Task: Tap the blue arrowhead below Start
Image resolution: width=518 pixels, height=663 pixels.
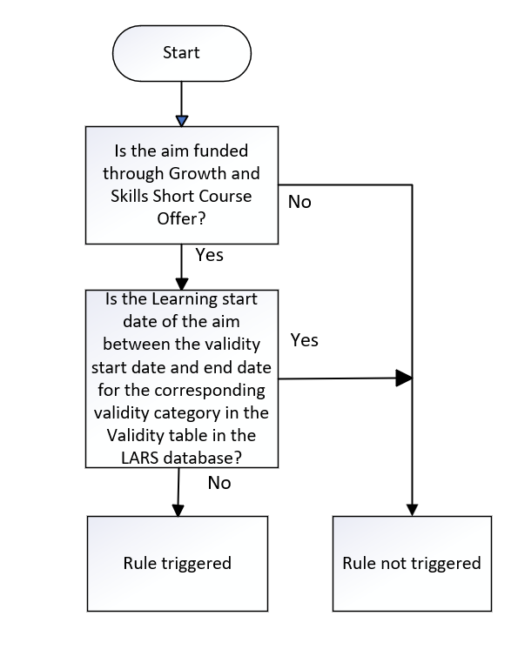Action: pyautogui.click(x=182, y=121)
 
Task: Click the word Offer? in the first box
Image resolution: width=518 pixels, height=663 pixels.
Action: pyautogui.click(x=181, y=218)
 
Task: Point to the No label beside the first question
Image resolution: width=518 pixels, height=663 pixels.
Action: pyautogui.click(x=299, y=202)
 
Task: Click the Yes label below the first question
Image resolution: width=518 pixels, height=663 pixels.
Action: pyautogui.click(x=209, y=255)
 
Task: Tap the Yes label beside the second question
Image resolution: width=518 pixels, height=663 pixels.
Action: pyautogui.click(x=305, y=340)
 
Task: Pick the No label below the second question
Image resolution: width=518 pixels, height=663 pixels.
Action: pyautogui.click(x=219, y=483)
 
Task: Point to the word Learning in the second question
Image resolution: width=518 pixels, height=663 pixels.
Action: pyautogui.click(x=184, y=300)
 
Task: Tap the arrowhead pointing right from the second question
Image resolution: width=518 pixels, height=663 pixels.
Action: pyautogui.click(x=404, y=378)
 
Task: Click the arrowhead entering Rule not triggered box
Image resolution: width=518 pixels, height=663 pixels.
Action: pyautogui.click(x=412, y=510)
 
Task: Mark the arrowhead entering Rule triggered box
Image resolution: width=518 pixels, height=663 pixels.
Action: pyautogui.click(x=178, y=511)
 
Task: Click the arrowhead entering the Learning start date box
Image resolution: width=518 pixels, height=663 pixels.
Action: pyautogui.click(x=182, y=285)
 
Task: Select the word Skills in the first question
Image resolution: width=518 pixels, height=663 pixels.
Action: pyautogui.click(x=130, y=196)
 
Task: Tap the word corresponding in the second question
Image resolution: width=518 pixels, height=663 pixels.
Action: pyautogui.click(x=210, y=391)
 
